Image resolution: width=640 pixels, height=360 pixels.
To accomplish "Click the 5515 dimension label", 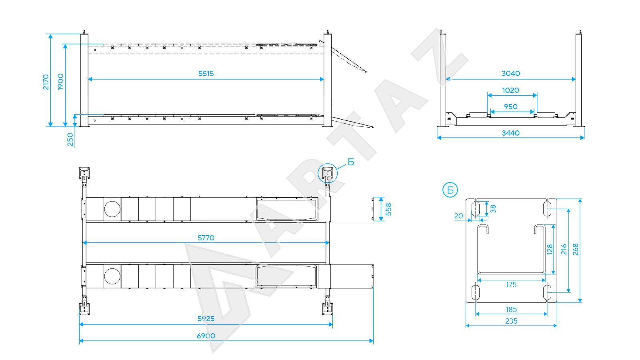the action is point(206,74).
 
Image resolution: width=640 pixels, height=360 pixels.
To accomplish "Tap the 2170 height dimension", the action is point(46,82).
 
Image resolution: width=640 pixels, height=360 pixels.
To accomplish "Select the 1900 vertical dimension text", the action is point(60,82).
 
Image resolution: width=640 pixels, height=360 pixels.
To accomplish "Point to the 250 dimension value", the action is point(70,140).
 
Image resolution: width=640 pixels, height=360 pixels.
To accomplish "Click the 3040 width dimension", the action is point(510,74).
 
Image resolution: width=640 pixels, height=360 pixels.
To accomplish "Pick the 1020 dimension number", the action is point(510,90).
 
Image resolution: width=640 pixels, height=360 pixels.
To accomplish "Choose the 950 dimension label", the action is point(510,106).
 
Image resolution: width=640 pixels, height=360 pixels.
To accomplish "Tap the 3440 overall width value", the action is point(510,133).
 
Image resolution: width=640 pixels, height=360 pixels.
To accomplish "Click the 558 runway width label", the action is point(388,209).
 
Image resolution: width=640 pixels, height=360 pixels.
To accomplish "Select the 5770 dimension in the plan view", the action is point(206,238).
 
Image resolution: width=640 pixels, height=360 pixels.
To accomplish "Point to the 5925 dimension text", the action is point(206,318).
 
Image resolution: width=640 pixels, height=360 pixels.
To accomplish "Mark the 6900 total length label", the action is point(206,336).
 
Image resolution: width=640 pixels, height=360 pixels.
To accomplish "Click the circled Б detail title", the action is point(450,190).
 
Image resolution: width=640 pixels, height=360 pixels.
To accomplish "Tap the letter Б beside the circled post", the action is point(351,162).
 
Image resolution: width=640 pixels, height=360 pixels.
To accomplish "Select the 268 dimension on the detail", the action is point(576,250).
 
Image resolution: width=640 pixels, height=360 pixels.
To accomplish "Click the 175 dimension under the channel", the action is point(511,284).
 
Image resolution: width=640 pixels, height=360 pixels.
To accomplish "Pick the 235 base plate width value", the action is point(511,321).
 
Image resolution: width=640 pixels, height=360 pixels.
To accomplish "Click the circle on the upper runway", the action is point(112,209).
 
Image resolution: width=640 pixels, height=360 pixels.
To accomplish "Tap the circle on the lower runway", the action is point(112,276).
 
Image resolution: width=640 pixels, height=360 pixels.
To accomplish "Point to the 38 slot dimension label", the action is point(493,209).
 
